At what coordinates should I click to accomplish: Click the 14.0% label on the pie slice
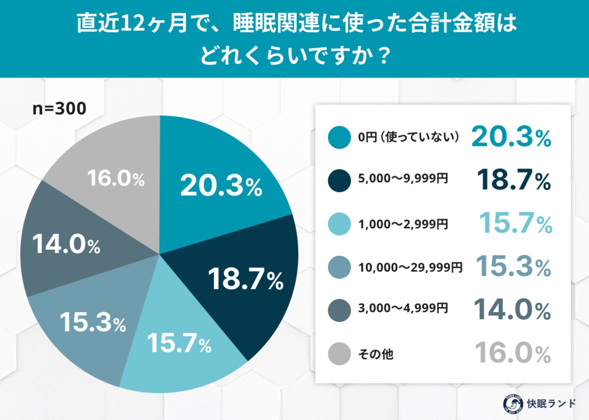click(x=66, y=244)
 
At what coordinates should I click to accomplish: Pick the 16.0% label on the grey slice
click(x=116, y=180)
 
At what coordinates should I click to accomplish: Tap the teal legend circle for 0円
click(x=339, y=138)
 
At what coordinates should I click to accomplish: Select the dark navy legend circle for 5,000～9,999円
click(x=339, y=181)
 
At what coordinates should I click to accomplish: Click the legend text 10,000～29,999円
click(x=410, y=267)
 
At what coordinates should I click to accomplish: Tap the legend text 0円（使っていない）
click(x=408, y=138)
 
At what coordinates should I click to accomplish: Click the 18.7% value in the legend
click(x=514, y=180)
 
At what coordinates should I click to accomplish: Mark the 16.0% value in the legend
click(x=513, y=353)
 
